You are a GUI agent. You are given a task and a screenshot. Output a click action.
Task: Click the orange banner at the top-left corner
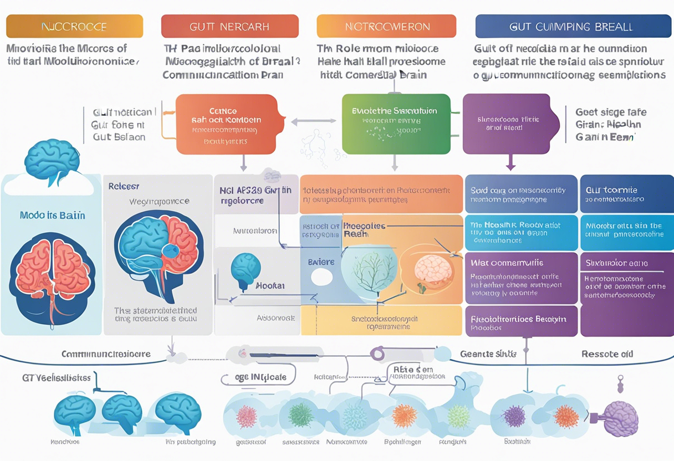(x=74, y=26)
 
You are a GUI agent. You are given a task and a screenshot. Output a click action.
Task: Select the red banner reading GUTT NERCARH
(x=229, y=26)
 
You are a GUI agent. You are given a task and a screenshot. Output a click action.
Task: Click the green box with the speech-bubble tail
(x=395, y=124)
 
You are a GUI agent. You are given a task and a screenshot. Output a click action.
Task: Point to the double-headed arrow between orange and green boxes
(x=313, y=121)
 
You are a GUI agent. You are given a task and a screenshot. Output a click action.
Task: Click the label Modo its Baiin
(x=52, y=215)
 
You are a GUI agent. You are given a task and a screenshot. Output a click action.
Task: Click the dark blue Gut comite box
(x=626, y=194)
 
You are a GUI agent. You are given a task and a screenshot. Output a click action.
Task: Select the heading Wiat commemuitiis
(x=507, y=263)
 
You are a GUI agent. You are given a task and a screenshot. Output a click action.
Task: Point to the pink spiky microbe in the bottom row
(x=246, y=416)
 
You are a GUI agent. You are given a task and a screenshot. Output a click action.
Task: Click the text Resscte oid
(x=607, y=354)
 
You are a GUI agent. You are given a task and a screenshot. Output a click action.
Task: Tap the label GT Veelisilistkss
(x=56, y=378)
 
